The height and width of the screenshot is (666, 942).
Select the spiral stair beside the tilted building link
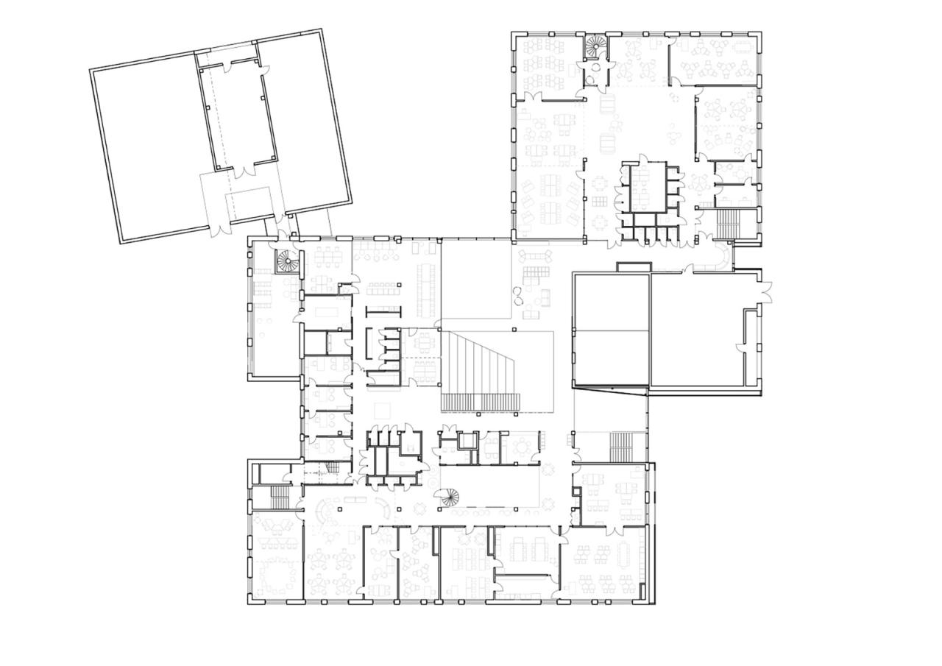[285, 261]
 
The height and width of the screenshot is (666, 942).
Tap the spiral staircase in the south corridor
[447, 497]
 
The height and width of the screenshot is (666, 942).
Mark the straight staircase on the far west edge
[280, 497]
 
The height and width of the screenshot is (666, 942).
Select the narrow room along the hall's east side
[751, 346]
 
